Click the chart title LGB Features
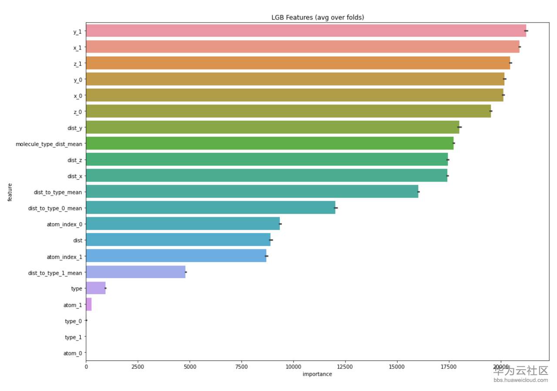pos(318,17)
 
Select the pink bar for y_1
pos(305,31)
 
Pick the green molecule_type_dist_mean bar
pos(270,143)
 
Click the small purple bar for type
pos(96,288)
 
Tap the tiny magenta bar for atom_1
pos(89,305)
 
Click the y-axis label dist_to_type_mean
pos(58,192)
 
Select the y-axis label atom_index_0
pos(64,224)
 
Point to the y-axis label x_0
pos(77,96)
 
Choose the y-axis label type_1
pos(73,337)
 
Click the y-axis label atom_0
pos(73,353)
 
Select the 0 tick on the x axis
pos(86,367)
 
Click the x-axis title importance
pos(317,374)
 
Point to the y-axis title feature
pos(10,192)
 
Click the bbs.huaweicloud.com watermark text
pos(520,380)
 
